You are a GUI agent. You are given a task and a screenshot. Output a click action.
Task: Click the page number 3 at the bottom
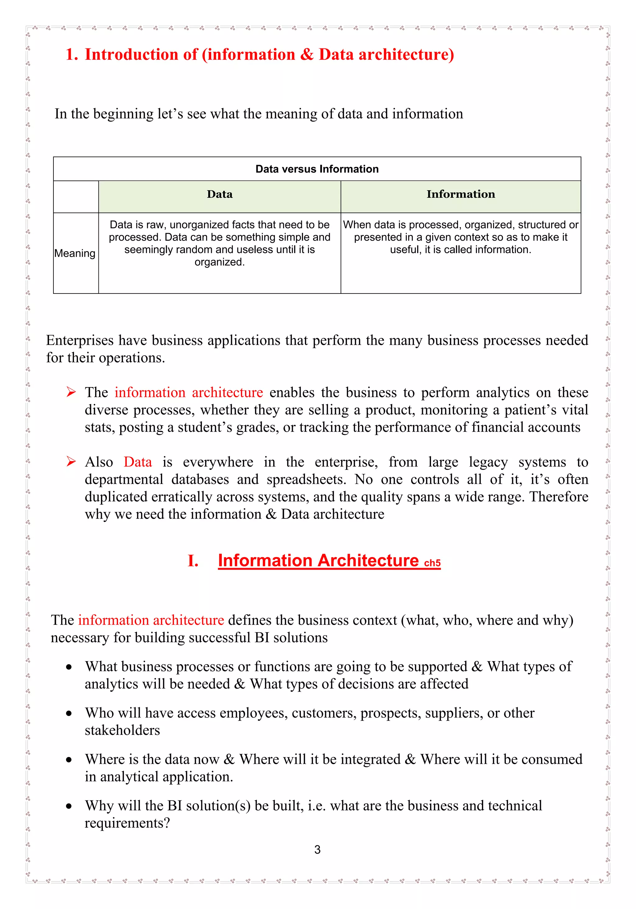click(x=317, y=849)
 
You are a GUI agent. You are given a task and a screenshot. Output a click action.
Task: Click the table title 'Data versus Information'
click(x=317, y=169)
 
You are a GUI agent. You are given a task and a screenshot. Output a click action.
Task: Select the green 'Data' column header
click(x=220, y=194)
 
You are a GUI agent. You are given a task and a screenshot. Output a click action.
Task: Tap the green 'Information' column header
click(x=461, y=194)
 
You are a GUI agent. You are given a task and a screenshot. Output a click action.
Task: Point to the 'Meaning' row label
click(x=75, y=253)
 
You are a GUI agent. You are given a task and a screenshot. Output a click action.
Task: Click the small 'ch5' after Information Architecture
click(x=432, y=563)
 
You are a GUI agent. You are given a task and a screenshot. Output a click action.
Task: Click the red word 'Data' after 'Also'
click(x=138, y=462)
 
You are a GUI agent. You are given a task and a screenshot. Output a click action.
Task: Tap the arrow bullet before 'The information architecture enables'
click(x=71, y=392)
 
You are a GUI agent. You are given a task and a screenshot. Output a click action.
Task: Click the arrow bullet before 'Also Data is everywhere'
click(x=71, y=462)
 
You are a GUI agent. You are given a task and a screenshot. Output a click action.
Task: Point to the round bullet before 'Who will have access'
click(x=69, y=713)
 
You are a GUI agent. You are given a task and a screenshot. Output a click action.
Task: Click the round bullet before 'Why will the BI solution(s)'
click(x=69, y=806)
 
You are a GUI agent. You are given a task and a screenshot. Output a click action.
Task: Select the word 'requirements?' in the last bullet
click(x=127, y=823)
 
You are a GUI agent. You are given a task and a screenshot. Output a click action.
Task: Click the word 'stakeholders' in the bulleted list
click(x=122, y=731)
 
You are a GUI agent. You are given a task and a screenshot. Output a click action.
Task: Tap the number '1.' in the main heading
click(x=72, y=55)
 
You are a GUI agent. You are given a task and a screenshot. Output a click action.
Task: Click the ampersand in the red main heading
click(x=307, y=55)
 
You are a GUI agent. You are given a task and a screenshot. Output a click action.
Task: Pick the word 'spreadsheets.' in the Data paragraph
click(x=306, y=479)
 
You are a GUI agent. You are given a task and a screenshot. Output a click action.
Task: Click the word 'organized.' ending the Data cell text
click(x=220, y=262)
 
